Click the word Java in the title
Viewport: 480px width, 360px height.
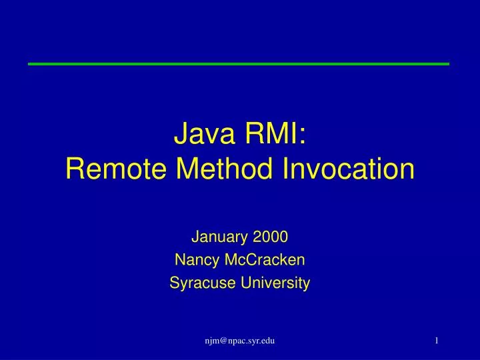tap(199, 135)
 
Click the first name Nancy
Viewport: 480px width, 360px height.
tap(193, 259)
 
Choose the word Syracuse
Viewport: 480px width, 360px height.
tap(198, 283)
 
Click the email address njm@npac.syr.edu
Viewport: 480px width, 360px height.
tap(240, 341)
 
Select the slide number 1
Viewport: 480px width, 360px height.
tap(436, 341)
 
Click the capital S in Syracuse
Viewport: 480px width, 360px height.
tap(174, 283)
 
